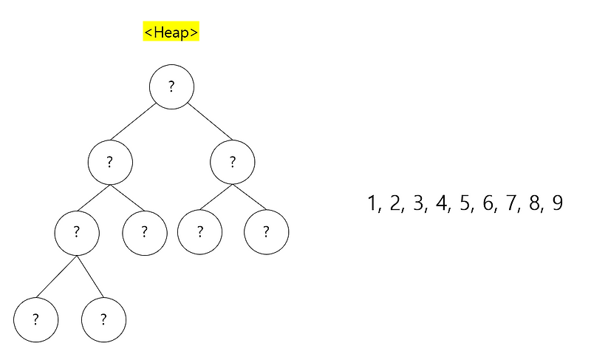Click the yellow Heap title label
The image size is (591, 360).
pyautogui.click(x=171, y=32)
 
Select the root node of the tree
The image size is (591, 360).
pyautogui.click(x=171, y=86)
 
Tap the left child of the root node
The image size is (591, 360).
pyautogui.click(x=109, y=162)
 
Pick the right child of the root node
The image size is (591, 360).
pyautogui.click(x=232, y=162)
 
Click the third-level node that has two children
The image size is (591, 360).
pyautogui.click(x=76, y=232)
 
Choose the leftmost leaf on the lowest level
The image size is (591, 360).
pyautogui.click(x=35, y=319)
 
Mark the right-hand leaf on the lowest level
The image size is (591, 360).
pyautogui.click(x=103, y=319)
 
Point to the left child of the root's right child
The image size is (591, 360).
pyautogui.click(x=199, y=232)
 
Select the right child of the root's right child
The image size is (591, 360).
pyautogui.click(x=266, y=232)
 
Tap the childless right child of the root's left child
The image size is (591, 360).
pyautogui.click(x=144, y=232)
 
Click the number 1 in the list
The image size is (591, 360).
pyautogui.click(x=372, y=203)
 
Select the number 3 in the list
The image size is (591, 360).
pyautogui.click(x=419, y=203)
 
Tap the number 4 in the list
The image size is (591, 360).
pyautogui.click(x=443, y=203)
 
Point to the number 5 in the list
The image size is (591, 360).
pyautogui.click(x=465, y=203)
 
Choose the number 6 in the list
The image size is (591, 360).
pyautogui.click(x=488, y=203)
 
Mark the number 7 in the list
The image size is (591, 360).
pyautogui.click(x=511, y=203)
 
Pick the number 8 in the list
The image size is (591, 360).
pyautogui.click(x=534, y=203)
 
